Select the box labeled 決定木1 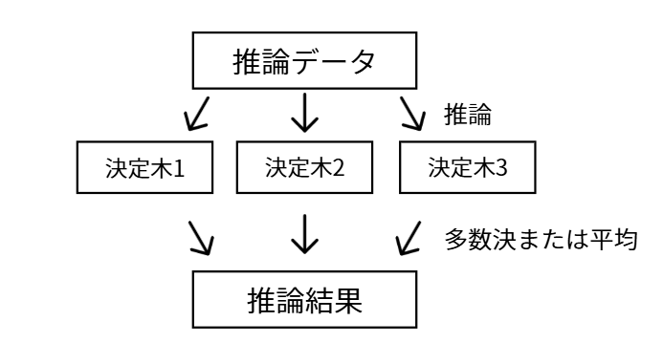(144, 168)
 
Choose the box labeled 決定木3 (467, 168)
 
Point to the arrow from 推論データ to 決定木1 (200, 114)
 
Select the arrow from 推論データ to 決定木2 (304, 114)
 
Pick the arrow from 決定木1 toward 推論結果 (199, 237)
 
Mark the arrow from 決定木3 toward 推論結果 (409, 237)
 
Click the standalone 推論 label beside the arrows (468, 116)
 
